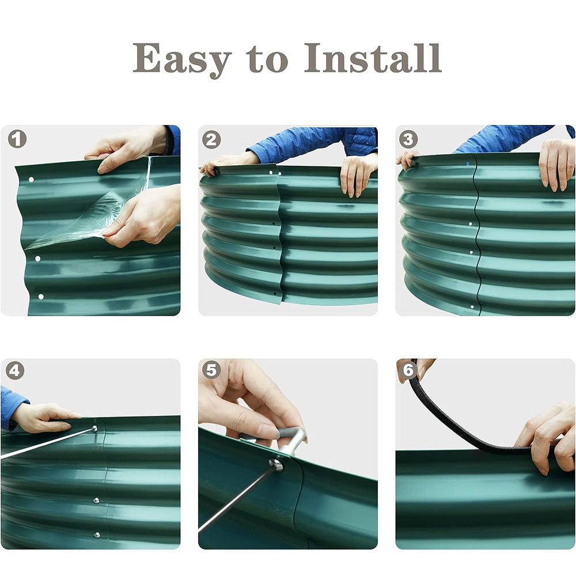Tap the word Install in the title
373,58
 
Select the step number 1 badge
17,139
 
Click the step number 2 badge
211,140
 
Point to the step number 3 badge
408,139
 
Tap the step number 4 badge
15,370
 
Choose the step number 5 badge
211,370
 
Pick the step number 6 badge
408,370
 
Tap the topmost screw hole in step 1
31,180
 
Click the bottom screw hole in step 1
41,297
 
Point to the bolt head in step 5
276,465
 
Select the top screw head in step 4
94,429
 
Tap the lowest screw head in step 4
97,535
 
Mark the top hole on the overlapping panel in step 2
271,172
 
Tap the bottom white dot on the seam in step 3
472,307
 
